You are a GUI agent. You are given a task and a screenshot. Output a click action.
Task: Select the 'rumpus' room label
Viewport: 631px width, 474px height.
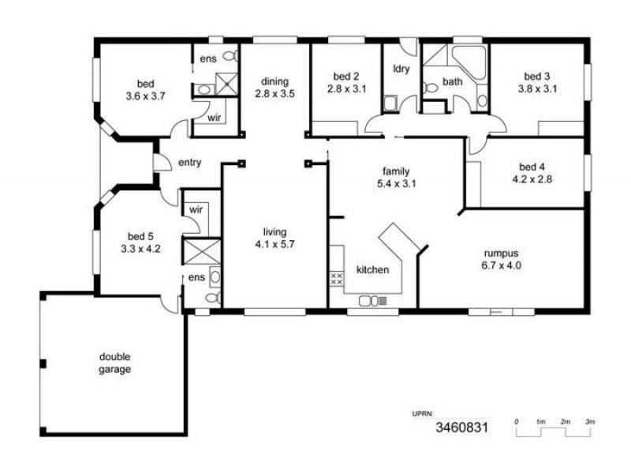pos(502,254)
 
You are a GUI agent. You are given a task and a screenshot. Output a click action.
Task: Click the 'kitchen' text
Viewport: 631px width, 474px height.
pos(372,270)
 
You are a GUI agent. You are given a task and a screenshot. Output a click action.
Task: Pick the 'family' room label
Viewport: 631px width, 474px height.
pos(396,171)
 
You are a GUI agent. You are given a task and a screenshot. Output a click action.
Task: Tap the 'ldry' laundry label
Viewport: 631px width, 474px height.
pos(401,69)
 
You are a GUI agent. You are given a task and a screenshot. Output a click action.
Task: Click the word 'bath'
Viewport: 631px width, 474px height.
pos(452,81)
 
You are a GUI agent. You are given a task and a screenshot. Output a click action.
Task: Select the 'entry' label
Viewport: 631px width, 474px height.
pos(190,163)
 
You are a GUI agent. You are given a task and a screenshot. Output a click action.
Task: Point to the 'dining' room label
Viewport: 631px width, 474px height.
pos(275,81)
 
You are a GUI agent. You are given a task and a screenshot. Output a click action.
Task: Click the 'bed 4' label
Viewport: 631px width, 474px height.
pos(532,167)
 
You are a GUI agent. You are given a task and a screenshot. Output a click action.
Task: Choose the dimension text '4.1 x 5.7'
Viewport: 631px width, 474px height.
pos(274,243)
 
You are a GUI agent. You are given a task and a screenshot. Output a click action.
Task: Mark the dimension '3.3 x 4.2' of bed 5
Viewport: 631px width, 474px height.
pos(139,247)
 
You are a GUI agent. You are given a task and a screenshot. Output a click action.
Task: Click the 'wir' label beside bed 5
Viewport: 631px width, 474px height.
pos(195,210)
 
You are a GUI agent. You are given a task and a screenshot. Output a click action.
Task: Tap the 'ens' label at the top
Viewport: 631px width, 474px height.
pos(207,59)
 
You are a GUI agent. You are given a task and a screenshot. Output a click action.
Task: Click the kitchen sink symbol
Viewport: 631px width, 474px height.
pos(368,300)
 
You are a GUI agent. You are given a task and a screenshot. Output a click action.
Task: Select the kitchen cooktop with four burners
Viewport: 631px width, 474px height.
pos(335,278)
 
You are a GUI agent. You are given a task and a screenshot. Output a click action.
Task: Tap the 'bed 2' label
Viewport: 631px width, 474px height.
pos(346,77)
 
